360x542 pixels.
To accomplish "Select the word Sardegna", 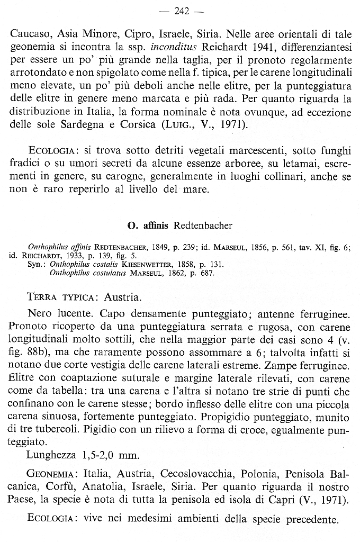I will point(76,125).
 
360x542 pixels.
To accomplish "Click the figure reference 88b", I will point(44,351).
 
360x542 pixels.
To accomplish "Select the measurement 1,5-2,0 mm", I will point(110,455).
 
